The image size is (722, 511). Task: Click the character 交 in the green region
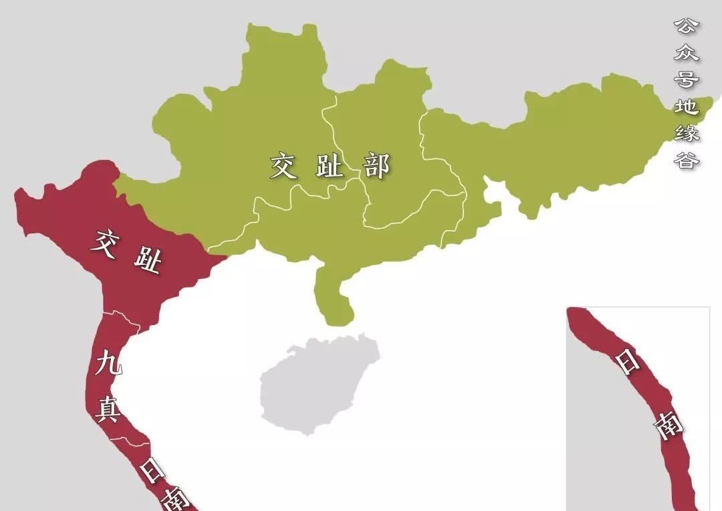(x=283, y=166)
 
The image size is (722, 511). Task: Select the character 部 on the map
(x=376, y=166)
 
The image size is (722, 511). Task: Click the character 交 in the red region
(x=108, y=241)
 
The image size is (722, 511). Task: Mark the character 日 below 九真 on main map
(x=152, y=470)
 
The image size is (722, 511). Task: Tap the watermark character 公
(x=686, y=27)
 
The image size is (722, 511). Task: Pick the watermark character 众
(x=686, y=54)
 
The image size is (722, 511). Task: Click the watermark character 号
(x=686, y=80)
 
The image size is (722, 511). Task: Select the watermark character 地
(x=686, y=106)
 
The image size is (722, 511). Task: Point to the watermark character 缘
(x=686, y=133)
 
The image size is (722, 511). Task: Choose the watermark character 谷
(x=686, y=161)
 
